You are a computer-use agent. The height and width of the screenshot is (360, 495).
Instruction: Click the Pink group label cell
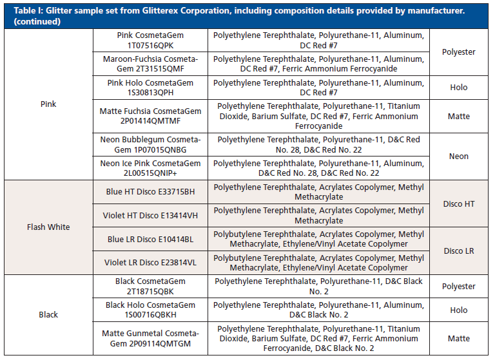pyautogui.click(x=48, y=104)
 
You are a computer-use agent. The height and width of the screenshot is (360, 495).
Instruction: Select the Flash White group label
pyautogui.click(x=48, y=227)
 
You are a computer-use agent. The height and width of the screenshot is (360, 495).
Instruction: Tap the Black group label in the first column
pyautogui.click(x=48, y=315)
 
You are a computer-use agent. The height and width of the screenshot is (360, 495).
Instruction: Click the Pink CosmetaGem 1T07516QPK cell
pyautogui.click(x=150, y=40)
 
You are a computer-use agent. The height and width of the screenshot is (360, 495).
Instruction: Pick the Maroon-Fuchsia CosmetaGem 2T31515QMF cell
pyautogui.click(x=150, y=64)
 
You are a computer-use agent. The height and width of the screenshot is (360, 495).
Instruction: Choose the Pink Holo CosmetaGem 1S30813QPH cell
pyautogui.click(x=150, y=87)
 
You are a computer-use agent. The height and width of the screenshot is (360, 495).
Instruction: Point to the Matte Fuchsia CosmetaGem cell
pyautogui.click(x=150, y=116)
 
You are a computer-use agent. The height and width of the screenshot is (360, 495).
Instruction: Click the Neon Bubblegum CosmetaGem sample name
pyautogui.click(x=150, y=144)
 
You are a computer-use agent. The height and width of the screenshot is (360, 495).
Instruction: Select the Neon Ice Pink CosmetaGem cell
pyautogui.click(x=150, y=168)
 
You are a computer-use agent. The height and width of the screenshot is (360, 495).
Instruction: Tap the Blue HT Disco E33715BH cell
pyautogui.click(x=150, y=192)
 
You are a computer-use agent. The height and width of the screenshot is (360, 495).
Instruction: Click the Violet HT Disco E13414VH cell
pyautogui.click(x=150, y=215)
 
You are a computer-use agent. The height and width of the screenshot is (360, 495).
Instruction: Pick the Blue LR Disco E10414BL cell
pyautogui.click(x=150, y=239)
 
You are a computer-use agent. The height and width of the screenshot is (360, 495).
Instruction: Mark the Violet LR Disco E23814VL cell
pyautogui.click(x=150, y=263)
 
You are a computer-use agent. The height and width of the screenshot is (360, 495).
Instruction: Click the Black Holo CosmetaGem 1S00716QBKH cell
pyautogui.click(x=150, y=310)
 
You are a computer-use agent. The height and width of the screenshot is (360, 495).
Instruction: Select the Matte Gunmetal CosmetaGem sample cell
pyautogui.click(x=150, y=338)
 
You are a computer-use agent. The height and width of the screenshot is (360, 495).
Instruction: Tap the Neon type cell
pyautogui.click(x=459, y=156)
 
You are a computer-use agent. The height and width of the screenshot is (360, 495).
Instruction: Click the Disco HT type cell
pyautogui.click(x=459, y=204)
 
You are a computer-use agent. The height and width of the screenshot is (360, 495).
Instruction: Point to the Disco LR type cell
pyautogui.click(x=459, y=251)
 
